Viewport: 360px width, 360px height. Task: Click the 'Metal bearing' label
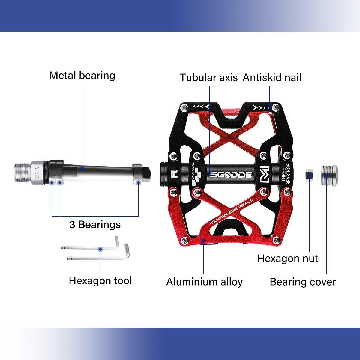(82, 76)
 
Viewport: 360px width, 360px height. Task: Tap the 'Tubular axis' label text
(208, 78)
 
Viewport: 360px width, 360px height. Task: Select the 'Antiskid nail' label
(272, 78)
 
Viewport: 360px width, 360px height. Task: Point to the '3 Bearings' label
(95, 225)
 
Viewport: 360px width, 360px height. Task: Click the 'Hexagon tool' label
(100, 281)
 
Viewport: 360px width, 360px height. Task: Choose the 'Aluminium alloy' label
(204, 282)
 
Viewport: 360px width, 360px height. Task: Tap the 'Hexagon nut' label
(287, 259)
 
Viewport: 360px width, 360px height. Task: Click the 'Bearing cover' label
(303, 282)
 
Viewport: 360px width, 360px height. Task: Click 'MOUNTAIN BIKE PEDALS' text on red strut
(231, 211)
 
